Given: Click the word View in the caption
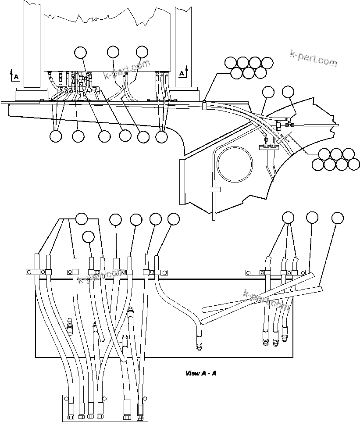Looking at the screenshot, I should coord(192,374).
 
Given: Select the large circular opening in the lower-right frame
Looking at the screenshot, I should coord(235,165).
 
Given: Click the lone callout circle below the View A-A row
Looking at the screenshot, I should coord(89,237).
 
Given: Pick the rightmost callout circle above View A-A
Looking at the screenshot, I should coord(337,218).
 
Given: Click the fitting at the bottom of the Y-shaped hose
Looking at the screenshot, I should coord(198,342).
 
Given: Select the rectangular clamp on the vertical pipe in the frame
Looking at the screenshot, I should coord(214,190).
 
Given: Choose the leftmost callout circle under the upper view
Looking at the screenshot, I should coord(56,136).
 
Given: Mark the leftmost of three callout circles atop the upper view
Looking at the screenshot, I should coord(80,52).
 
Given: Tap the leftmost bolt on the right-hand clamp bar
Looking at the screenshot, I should coord(248,272).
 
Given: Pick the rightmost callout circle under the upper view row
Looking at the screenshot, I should coord(162,136).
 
